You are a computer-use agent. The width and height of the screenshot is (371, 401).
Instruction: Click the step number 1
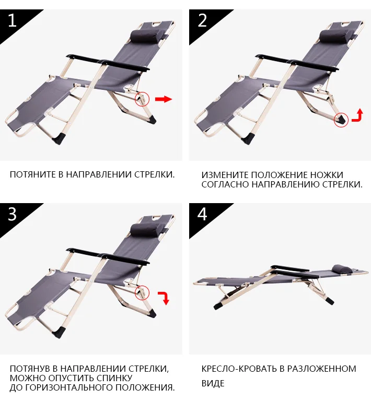(12, 20)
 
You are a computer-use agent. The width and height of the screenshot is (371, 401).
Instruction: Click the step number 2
(202, 20)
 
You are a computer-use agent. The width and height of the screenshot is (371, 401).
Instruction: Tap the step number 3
(13, 214)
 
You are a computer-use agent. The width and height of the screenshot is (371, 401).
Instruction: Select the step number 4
(202, 214)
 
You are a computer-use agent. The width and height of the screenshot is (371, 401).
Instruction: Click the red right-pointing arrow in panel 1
(164, 99)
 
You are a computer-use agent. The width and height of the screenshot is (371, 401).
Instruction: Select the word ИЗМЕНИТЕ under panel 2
(225, 175)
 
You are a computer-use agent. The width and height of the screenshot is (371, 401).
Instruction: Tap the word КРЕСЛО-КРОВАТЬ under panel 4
(239, 369)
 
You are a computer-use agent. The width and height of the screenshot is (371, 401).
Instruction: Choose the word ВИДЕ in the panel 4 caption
(213, 383)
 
